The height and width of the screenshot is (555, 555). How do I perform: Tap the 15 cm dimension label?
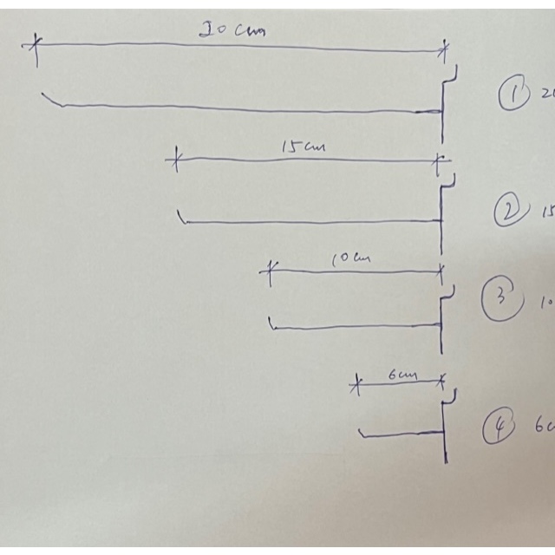coord(303,147)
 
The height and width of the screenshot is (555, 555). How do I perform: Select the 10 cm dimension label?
coord(350,258)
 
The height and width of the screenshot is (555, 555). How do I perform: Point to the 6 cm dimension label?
coord(403,375)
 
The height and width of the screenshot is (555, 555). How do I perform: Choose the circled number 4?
coord(499,426)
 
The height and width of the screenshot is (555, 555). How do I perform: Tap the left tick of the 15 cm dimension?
coord(174,160)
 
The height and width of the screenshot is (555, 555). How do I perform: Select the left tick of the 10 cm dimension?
coord(269,272)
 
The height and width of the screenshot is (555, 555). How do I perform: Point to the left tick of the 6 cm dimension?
coord(355,384)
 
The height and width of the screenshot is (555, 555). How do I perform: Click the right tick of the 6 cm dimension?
coord(442,380)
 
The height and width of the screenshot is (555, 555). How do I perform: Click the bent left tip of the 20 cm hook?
coord(44,94)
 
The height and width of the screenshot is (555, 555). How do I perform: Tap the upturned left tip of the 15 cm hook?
coord(179,212)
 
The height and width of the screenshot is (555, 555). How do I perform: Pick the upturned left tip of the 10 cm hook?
coord(271,321)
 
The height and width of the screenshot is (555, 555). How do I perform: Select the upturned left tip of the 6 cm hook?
coord(361,430)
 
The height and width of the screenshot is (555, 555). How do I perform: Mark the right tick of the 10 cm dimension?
coord(441,270)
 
